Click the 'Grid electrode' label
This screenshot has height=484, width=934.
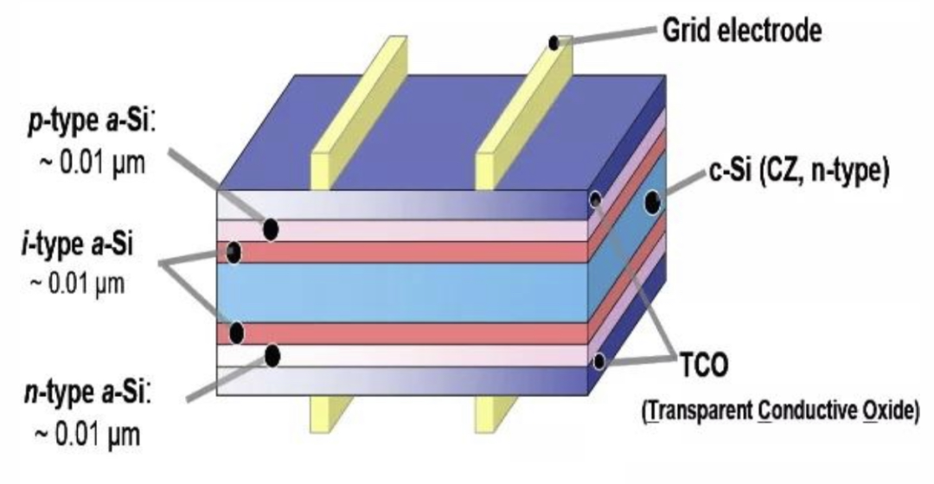pyautogui.click(x=741, y=32)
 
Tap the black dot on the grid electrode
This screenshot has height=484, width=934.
pyautogui.click(x=554, y=43)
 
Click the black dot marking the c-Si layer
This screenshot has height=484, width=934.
pyautogui.click(x=652, y=203)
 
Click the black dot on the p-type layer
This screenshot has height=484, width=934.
pyautogui.click(x=271, y=229)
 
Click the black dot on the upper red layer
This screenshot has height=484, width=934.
pyautogui.click(x=233, y=253)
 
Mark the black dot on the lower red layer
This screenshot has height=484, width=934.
pyautogui.click(x=236, y=333)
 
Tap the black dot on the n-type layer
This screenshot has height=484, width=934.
pyautogui.click(x=272, y=355)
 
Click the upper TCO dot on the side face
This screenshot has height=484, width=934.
pyautogui.click(x=596, y=201)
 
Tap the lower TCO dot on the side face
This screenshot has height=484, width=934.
pyautogui.click(x=598, y=361)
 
